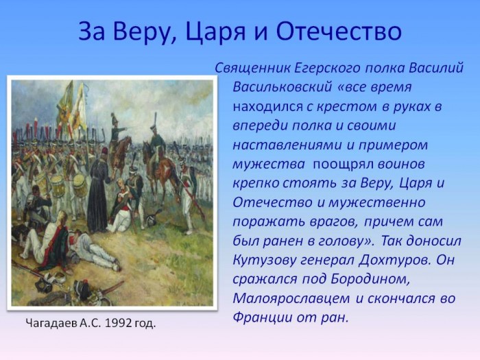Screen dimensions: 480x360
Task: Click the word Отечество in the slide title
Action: coord(339,31)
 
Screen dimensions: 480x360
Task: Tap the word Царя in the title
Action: coord(215,32)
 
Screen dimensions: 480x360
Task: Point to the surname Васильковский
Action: coord(283,87)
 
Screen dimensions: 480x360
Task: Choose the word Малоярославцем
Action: coord(291,298)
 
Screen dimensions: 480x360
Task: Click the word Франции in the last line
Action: coord(263,317)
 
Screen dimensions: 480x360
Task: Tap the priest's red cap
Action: coord(105,152)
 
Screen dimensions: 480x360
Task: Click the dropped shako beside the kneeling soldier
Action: coord(152,217)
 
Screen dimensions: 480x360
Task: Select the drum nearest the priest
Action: coord(80,186)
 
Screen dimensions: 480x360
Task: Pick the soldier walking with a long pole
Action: coord(187,195)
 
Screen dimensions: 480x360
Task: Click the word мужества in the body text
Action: coord(269,165)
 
